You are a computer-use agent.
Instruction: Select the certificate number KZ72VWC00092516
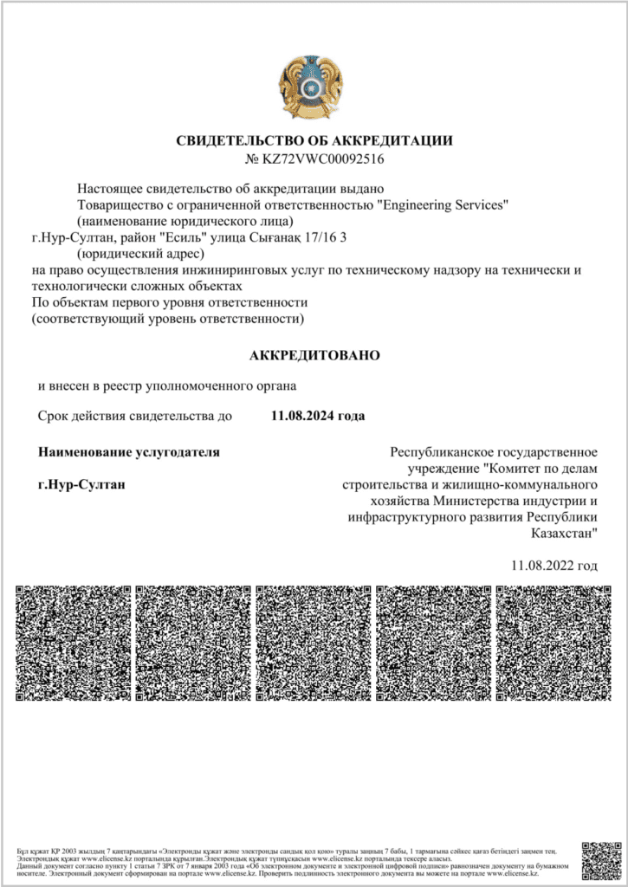pyautogui.click(x=321, y=159)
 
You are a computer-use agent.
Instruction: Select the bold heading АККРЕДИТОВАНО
pyautogui.click(x=314, y=355)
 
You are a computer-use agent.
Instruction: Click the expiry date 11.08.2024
pyautogui.click(x=302, y=416)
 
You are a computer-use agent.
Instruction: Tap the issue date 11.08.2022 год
pyautogui.click(x=554, y=566)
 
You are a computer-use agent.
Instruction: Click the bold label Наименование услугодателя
pyautogui.click(x=129, y=451)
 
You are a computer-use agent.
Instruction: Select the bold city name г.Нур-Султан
pyautogui.click(x=82, y=483)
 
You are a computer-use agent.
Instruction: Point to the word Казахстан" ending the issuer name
pyautogui.click(x=563, y=534)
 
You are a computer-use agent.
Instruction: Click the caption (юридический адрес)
pyautogui.click(x=140, y=254)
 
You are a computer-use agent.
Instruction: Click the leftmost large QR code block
pyautogui.click(x=74, y=642)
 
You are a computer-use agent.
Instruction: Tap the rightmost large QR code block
pyautogui.click(x=554, y=642)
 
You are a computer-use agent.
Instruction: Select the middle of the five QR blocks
pyautogui.click(x=314, y=642)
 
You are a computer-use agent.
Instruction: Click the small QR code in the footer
pyautogui.click(x=600, y=858)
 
